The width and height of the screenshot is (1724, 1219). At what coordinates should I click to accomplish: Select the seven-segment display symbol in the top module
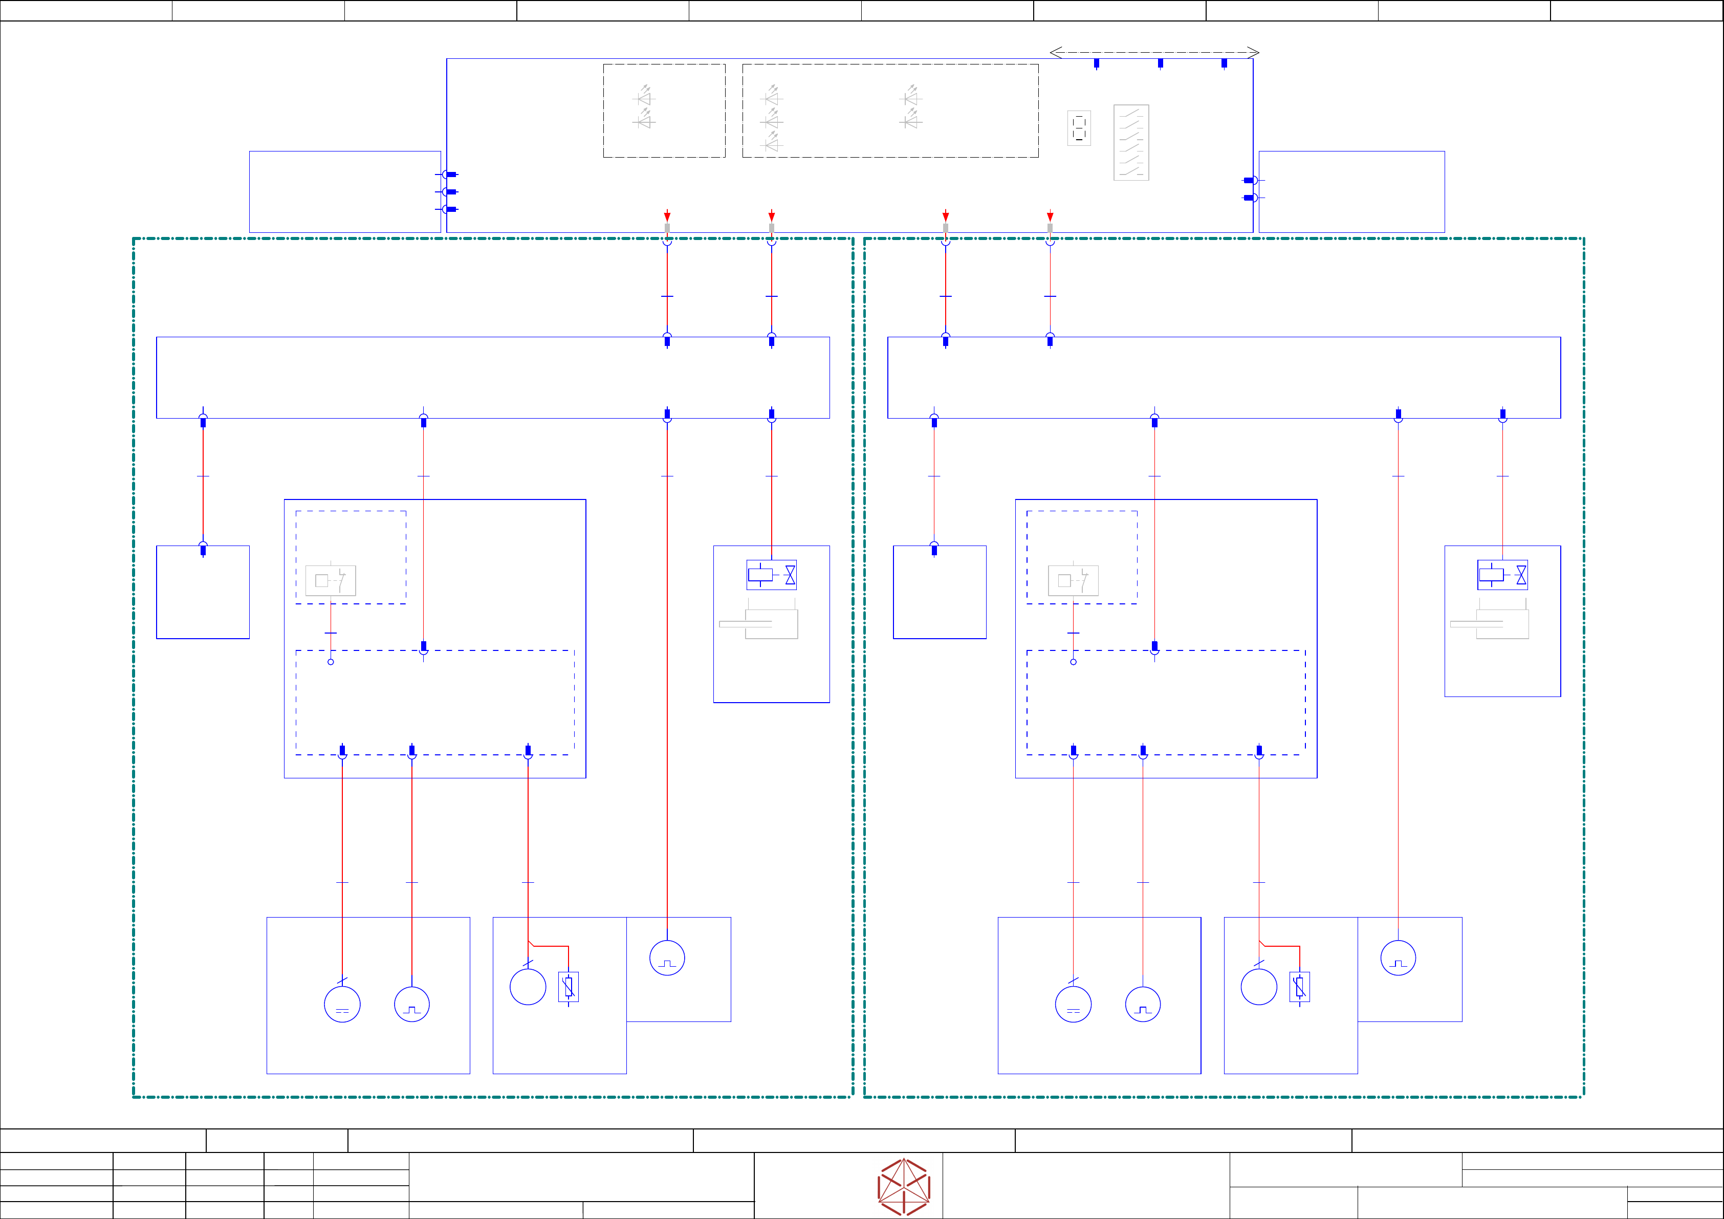point(1079,128)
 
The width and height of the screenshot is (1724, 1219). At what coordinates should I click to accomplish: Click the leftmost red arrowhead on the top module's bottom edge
point(667,216)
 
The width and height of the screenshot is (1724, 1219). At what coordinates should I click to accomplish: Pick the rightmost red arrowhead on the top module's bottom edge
point(1050,216)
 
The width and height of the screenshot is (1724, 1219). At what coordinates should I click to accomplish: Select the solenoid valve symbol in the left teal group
point(771,575)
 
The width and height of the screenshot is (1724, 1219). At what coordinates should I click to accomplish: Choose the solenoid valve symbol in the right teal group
point(1502,575)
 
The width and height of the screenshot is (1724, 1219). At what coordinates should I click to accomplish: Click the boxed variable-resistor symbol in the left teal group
point(569,987)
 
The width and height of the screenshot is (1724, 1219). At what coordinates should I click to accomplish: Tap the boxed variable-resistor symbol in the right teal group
point(1300,987)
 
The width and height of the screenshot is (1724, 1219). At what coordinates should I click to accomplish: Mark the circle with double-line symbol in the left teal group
point(342,1004)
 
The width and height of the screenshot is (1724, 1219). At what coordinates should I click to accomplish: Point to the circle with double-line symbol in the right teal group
point(1073,1004)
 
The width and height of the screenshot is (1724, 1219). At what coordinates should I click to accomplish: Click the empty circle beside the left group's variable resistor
point(528,987)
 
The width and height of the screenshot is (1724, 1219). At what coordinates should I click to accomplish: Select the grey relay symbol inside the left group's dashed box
point(331,580)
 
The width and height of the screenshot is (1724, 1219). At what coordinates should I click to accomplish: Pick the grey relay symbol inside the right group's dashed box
point(1073,580)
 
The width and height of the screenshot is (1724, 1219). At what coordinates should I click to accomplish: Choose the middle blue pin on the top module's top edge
point(1160,63)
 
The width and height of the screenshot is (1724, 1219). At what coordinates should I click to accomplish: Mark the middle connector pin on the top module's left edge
point(450,191)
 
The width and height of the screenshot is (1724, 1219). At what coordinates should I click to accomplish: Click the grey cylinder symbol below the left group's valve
point(758,623)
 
